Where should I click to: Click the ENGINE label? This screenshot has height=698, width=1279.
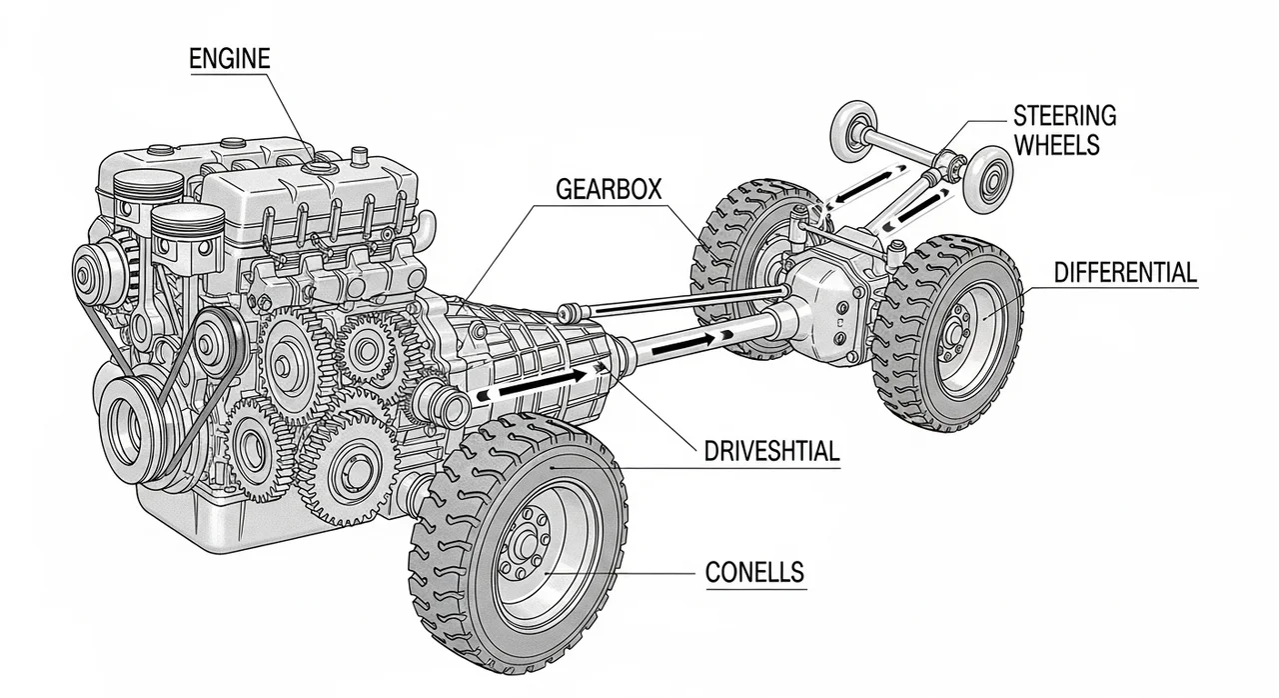click(x=229, y=59)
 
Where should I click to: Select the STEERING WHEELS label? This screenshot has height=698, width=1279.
click(x=1063, y=130)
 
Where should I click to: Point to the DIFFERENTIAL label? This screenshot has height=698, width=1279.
click(x=1124, y=272)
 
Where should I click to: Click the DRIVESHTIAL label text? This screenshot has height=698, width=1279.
click(x=770, y=453)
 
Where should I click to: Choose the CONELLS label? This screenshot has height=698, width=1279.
click(x=754, y=573)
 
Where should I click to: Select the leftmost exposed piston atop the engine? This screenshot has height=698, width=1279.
click(x=143, y=190)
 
